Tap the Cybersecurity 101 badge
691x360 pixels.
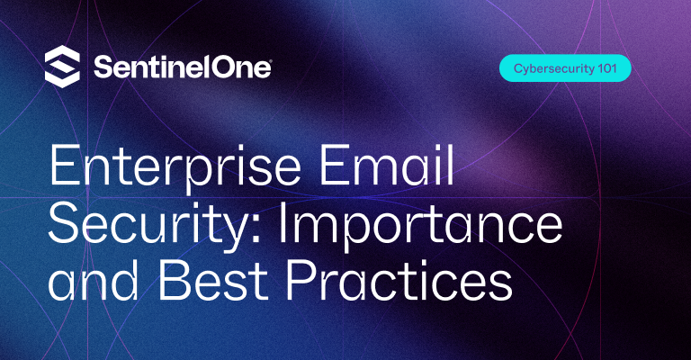[565, 68]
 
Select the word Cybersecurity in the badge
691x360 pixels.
[551, 68]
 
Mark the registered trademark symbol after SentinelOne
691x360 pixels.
[270, 60]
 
